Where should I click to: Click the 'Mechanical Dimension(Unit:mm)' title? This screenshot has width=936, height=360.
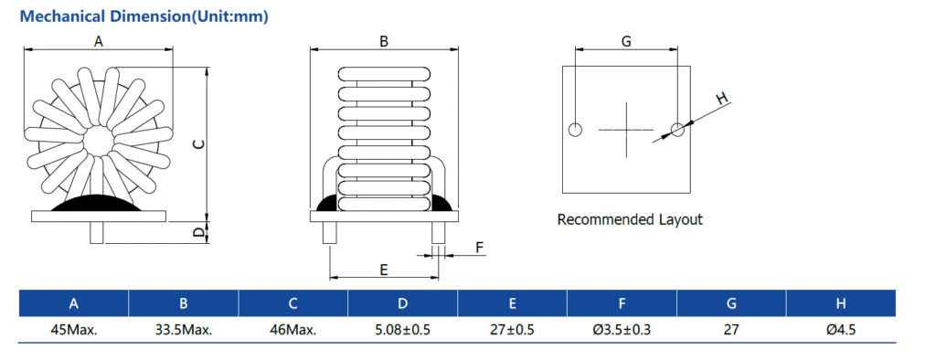coord(144,16)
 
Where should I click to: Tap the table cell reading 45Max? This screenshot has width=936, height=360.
coord(73,329)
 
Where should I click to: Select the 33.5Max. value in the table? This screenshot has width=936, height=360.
coord(183,329)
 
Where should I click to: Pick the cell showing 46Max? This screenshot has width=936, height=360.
coord(293,329)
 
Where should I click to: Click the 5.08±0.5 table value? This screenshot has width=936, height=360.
coord(402,329)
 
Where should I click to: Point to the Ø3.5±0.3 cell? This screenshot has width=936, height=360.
coord(622,329)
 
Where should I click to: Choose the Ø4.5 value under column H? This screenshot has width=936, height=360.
coord(841,329)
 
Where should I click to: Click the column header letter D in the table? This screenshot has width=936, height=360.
coord(402,303)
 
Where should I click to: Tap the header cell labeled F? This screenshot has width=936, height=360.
coord(622,303)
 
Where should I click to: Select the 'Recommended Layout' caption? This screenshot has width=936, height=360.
coord(630,219)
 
